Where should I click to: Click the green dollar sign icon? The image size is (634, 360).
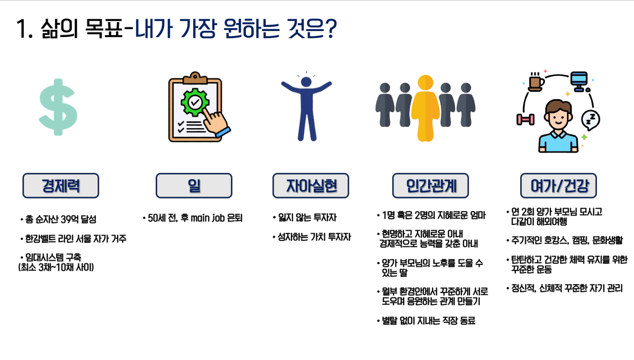pyautogui.click(x=58, y=107)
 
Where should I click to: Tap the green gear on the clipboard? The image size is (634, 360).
pyautogui.click(x=195, y=102)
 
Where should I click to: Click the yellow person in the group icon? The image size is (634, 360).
pyautogui.click(x=426, y=108)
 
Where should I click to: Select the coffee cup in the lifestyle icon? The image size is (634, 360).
pyautogui.click(x=536, y=82)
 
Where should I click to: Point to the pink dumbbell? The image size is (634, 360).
pyautogui.click(x=526, y=119)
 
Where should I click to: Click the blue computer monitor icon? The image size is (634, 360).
pyautogui.click(x=580, y=82)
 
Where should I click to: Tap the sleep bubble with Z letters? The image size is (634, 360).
pyautogui.click(x=590, y=120)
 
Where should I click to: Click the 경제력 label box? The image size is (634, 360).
pyautogui.click(x=61, y=186)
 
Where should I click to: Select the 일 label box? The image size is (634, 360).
pyautogui.click(x=194, y=186)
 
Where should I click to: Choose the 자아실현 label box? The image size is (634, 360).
pyautogui.click(x=311, y=186)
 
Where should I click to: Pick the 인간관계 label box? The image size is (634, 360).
pyautogui.click(x=431, y=186)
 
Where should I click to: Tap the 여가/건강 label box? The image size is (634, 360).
pyautogui.click(x=559, y=186)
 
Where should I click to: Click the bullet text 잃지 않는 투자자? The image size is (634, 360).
pyautogui.click(x=307, y=217)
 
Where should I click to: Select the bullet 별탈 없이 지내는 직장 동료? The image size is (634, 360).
pyautogui.click(x=429, y=321)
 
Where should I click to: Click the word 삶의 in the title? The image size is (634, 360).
pyautogui.click(x=59, y=29)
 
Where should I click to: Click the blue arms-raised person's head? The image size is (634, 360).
pyautogui.click(x=306, y=82)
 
